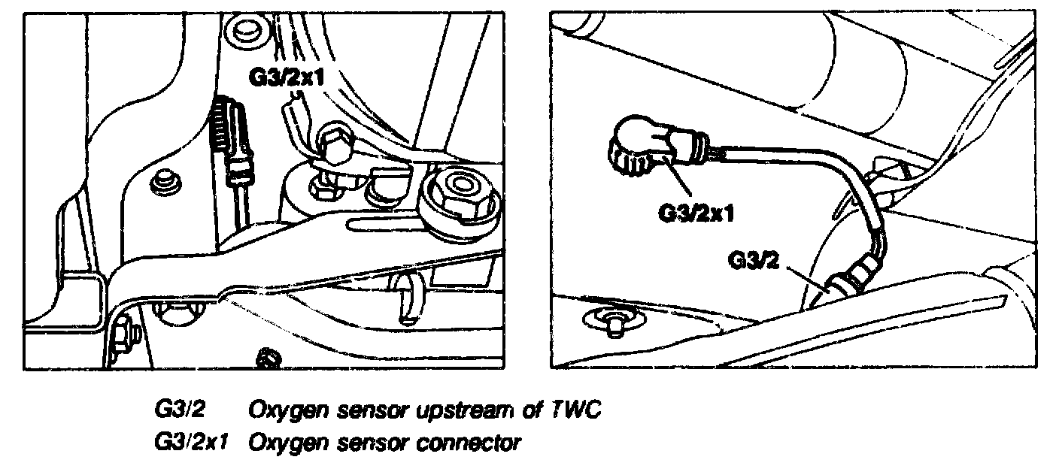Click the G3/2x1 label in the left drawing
click(x=285, y=77)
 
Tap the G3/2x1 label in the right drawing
click(x=696, y=213)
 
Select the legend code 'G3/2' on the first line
click(x=180, y=411)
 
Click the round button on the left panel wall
click(x=162, y=183)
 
